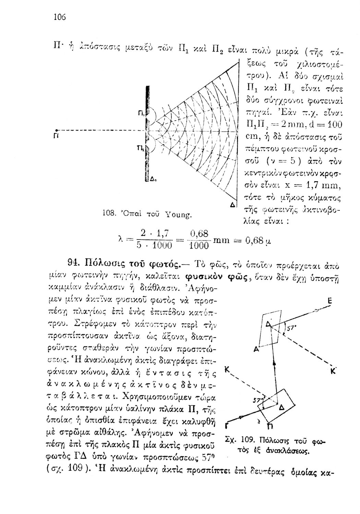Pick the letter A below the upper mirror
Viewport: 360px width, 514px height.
coord(255,349)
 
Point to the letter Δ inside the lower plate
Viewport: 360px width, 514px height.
coord(281,407)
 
